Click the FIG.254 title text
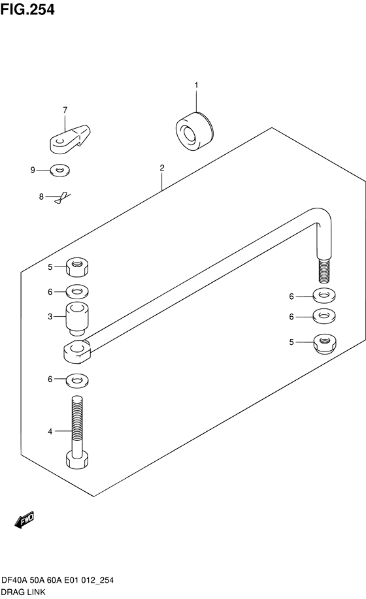point(27,10)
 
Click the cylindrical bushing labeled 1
point(195,131)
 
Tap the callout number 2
point(162,168)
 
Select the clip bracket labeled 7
point(70,138)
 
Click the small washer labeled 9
point(60,170)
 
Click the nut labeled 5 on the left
point(77,267)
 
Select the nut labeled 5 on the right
point(324,343)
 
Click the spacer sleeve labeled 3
point(78,319)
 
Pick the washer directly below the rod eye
point(77,380)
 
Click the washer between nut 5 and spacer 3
point(77,291)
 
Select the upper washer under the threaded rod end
point(324,295)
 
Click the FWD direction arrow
point(24,520)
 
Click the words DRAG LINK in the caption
point(24,592)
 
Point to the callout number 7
point(65,110)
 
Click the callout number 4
point(50,432)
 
